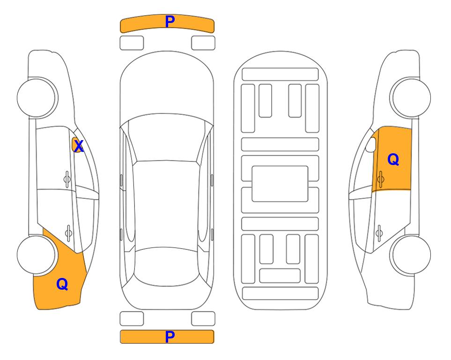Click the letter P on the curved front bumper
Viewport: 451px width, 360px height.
pos(170,21)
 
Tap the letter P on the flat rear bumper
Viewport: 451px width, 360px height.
pos(170,337)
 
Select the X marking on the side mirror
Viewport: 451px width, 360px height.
pos(78,146)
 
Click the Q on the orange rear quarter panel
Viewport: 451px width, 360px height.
pos(62,284)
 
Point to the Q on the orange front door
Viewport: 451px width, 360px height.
pos(393,159)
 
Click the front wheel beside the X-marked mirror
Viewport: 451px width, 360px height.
pos(37,98)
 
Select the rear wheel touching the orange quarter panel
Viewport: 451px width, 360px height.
pos(37,255)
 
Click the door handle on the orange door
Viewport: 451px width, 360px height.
pos(380,179)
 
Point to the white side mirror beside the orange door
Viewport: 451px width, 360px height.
pos(371,144)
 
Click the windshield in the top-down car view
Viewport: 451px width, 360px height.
pos(167,138)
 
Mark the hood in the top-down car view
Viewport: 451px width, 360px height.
pos(167,86)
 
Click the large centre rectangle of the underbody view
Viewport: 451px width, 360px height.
pos(280,184)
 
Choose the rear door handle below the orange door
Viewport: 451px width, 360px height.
pos(379,232)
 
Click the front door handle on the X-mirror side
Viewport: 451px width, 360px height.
pos(67,179)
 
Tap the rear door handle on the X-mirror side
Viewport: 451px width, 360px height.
pos(68,232)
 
